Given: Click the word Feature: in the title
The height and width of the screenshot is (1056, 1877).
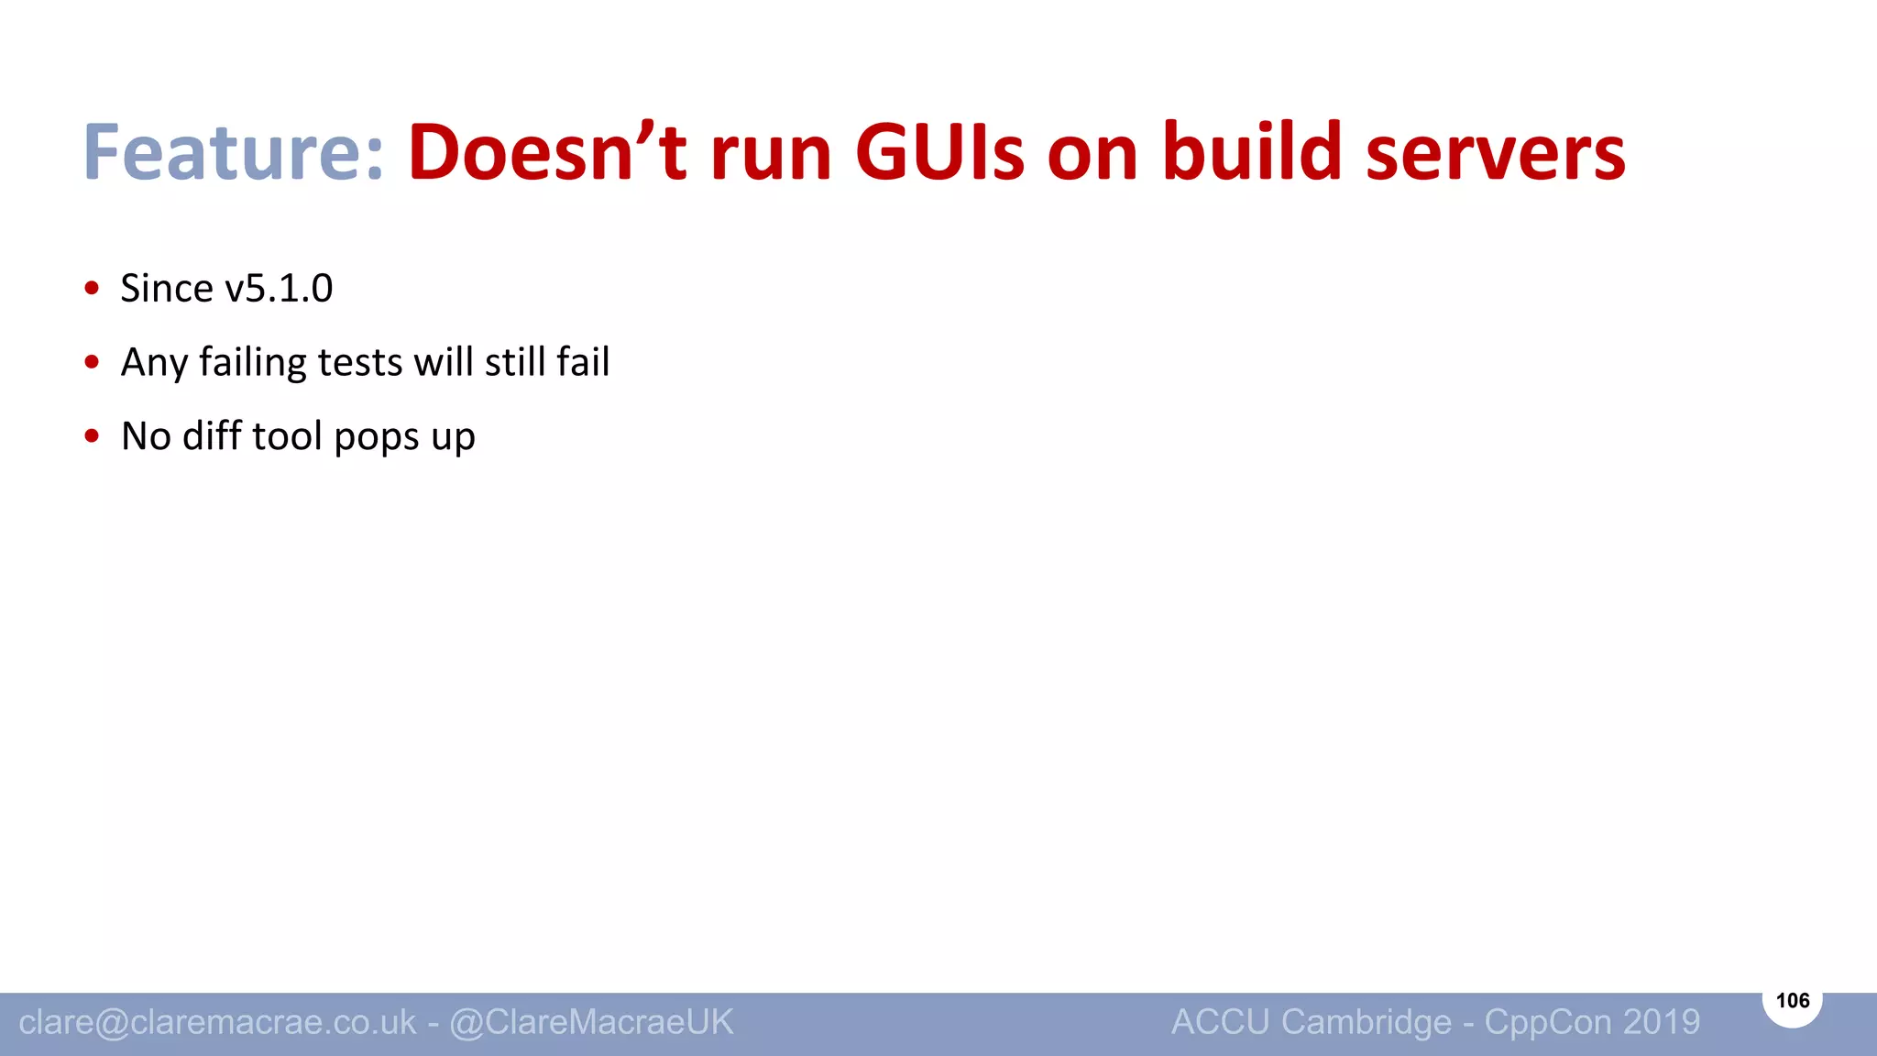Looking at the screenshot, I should tap(233, 152).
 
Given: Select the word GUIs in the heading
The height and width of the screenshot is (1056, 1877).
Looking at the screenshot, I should tap(939, 152).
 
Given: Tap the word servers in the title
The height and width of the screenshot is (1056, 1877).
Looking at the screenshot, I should tap(1495, 152).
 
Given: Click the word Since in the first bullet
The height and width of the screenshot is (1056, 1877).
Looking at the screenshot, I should tap(167, 289).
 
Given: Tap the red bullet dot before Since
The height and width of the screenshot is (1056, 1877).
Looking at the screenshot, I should tap(92, 289).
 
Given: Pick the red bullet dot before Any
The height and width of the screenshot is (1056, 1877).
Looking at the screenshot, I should tap(92, 362).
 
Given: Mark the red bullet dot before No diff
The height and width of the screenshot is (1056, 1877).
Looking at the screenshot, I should tap(92, 436).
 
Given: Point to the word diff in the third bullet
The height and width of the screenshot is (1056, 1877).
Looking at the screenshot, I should tap(212, 436).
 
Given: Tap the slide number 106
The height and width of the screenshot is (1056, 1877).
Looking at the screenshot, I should tap(1792, 1000).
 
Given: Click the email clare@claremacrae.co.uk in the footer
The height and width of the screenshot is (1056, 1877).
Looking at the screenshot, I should tap(217, 1022).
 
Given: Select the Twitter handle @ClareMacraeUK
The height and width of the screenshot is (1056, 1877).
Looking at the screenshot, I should tap(591, 1022).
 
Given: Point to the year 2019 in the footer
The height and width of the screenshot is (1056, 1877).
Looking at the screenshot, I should tap(1661, 1022).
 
